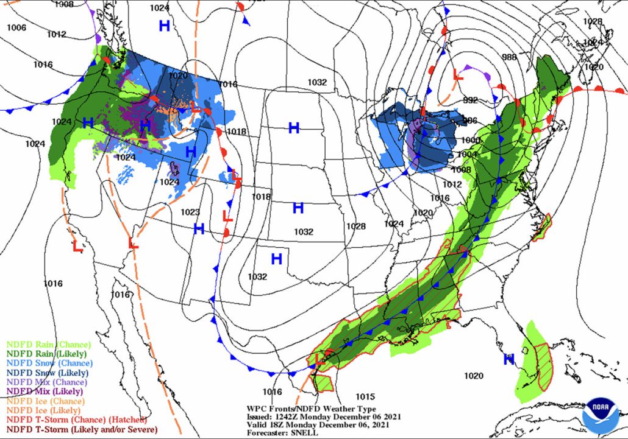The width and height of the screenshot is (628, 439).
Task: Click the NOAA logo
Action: coord(600,415)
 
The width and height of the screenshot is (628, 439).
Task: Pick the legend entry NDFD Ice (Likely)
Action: coord(42,411)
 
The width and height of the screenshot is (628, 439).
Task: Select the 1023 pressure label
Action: coord(190,212)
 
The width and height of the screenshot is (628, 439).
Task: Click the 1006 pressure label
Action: coord(16,27)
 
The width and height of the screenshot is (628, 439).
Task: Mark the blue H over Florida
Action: coord(508,360)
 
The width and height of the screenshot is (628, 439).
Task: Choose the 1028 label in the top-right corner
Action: coord(592,21)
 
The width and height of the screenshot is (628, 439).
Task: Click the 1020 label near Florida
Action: coord(473,376)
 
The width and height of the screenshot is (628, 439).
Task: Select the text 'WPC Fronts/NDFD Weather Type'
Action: coord(311,409)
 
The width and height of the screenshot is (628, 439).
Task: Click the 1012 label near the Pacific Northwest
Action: coord(55,34)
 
